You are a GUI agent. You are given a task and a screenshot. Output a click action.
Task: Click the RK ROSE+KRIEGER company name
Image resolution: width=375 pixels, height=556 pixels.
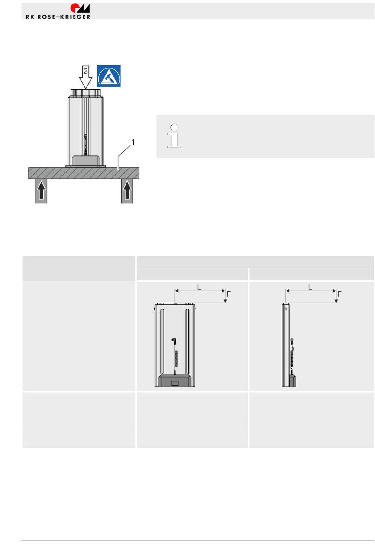pos(58,17)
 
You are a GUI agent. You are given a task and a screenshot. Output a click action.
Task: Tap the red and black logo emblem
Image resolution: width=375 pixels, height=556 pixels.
pos(80,8)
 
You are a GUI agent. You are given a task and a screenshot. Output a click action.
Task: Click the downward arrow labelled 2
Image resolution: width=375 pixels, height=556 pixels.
pos(86,77)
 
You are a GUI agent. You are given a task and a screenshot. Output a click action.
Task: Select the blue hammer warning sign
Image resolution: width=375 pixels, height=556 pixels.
pos(109,76)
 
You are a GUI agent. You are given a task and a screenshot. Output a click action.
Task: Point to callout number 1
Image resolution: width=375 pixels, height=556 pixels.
pos(133,142)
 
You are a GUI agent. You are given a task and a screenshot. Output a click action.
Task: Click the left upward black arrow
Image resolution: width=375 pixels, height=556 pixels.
pos(41,190)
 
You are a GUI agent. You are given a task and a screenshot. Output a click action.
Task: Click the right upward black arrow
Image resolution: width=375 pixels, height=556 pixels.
pos(127,190)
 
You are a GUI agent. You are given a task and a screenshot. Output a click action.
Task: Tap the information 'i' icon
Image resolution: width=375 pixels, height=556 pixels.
pos(174,136)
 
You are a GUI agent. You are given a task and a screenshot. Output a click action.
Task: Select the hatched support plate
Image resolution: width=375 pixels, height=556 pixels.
pos(84,173)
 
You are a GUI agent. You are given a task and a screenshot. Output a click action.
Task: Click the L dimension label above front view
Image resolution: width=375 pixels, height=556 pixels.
pos(199,287)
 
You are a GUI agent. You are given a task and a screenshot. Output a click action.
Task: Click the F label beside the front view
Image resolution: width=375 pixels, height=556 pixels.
pos(229,294)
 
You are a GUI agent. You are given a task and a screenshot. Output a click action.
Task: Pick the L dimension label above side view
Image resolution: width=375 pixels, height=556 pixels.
pos(310,287)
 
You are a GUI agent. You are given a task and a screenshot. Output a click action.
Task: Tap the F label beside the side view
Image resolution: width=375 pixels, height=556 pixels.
pos(339,294)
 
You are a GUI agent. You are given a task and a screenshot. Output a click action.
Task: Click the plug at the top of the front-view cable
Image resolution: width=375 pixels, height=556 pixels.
pos(174,340)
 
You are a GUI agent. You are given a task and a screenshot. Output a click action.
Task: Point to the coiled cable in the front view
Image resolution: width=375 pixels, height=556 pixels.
pos(176,358)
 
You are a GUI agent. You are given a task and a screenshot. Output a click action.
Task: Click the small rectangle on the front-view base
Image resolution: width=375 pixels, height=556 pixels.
pos(175,383)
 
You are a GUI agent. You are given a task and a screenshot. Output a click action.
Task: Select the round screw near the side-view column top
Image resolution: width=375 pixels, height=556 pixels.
pos(286,309)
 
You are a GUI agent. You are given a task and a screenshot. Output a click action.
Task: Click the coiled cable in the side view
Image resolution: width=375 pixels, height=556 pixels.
pos(292,358)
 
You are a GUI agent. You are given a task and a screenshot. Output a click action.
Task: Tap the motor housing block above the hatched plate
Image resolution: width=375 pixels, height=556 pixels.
pos(86,161)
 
